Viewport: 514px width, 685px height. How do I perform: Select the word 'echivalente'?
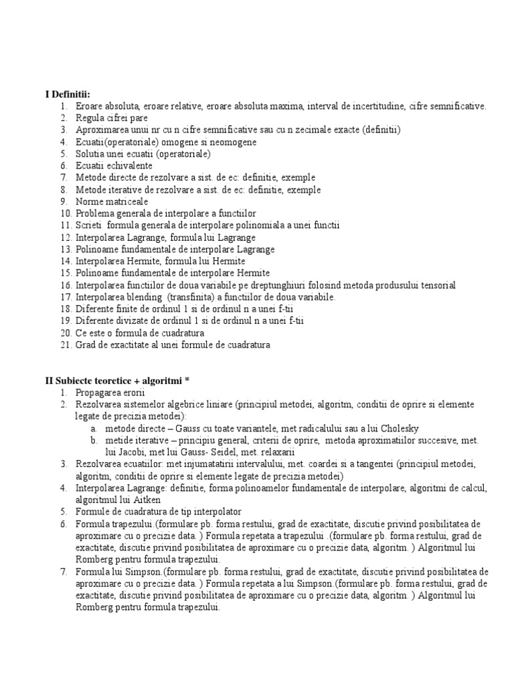130,165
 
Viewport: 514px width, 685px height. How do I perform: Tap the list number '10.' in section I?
65,213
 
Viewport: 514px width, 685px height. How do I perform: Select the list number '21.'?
65,345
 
